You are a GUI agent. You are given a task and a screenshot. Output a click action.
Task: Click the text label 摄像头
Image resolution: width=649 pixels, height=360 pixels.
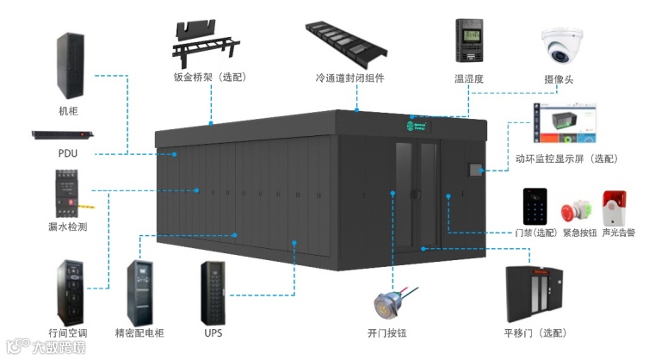[x=559, y=80]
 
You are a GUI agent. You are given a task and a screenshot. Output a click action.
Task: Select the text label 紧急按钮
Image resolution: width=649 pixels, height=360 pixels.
[x=579, y=233]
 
